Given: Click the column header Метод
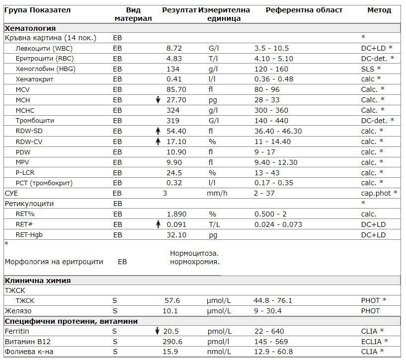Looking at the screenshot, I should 379,10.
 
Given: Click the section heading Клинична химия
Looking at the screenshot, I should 38,281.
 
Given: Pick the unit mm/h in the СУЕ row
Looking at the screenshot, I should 217,194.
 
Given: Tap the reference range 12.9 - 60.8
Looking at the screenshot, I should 273,352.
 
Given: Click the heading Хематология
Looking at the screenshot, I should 30,28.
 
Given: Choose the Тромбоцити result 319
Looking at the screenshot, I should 173,121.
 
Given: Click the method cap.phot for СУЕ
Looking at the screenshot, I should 377,194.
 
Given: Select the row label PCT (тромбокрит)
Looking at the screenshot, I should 44,183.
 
